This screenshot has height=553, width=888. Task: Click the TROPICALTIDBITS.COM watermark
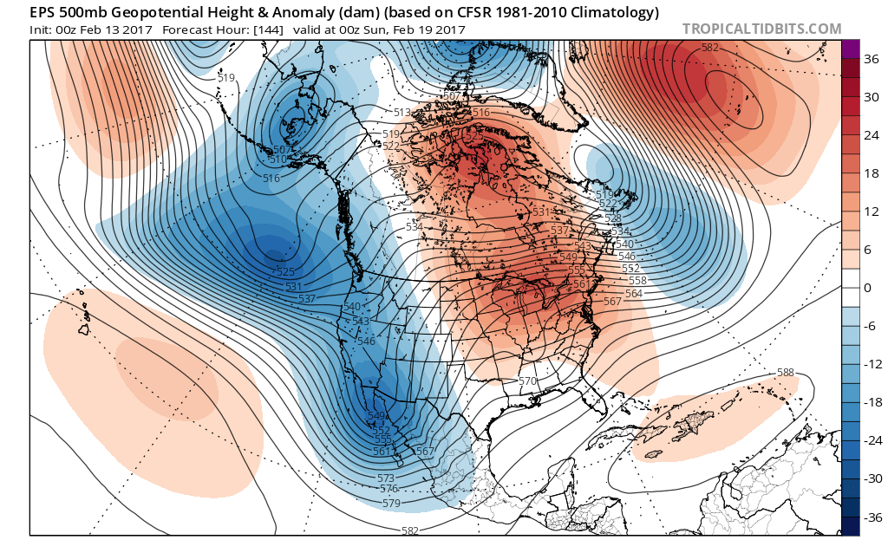tap(761, 29)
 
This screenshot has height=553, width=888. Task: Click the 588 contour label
tap(785, 373)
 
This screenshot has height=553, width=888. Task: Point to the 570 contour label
tap(527, 381)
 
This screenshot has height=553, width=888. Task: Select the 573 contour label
tap(387, 478)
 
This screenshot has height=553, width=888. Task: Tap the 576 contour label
tap(388, 490)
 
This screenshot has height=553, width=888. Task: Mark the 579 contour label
tap(391, 503)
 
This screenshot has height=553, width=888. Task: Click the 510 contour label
tap(277, 159)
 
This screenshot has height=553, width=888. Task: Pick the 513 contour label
tap(402, 113)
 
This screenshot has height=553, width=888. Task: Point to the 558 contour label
tap(637, 281)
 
